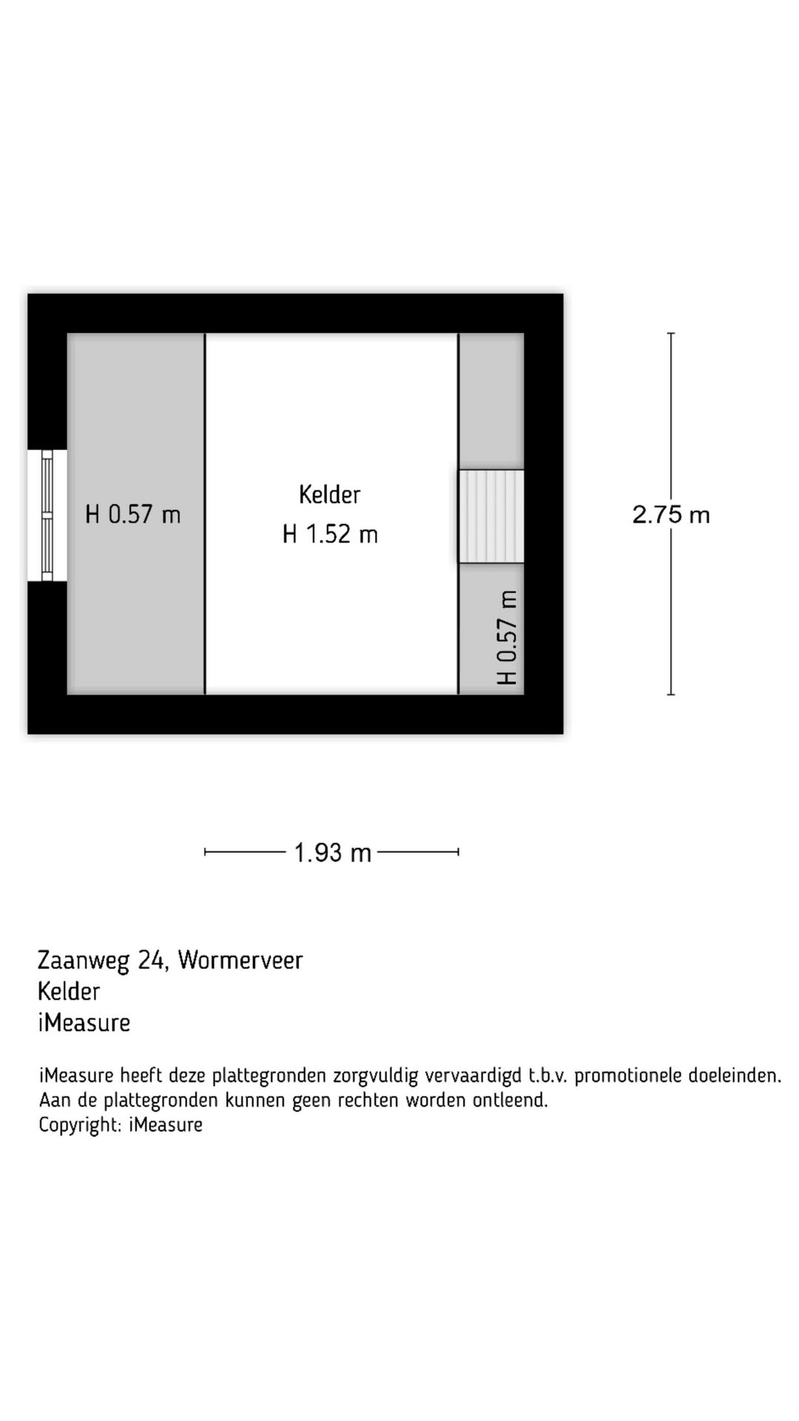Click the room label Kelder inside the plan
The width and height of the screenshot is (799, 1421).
pos(329,494)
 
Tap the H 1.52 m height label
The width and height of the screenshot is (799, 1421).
pos(330,534)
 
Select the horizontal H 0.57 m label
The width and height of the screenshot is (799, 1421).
pos(133,514)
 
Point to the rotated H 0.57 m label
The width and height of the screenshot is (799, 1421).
pos(508,637)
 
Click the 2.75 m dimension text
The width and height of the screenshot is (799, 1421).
pos(671,514)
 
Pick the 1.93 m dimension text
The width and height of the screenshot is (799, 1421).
pos(332,853)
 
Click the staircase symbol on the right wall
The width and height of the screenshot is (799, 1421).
pos(491,516)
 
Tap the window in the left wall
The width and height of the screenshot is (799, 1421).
pos(47,515)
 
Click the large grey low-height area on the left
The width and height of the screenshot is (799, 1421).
pos(136,607)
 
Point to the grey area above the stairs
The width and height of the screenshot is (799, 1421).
pos(491,400)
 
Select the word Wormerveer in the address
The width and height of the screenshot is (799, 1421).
pos(240,960)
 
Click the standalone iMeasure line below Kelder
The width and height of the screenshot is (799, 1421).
pos(84,1023)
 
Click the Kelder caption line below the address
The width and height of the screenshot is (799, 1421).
pos(69,991)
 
